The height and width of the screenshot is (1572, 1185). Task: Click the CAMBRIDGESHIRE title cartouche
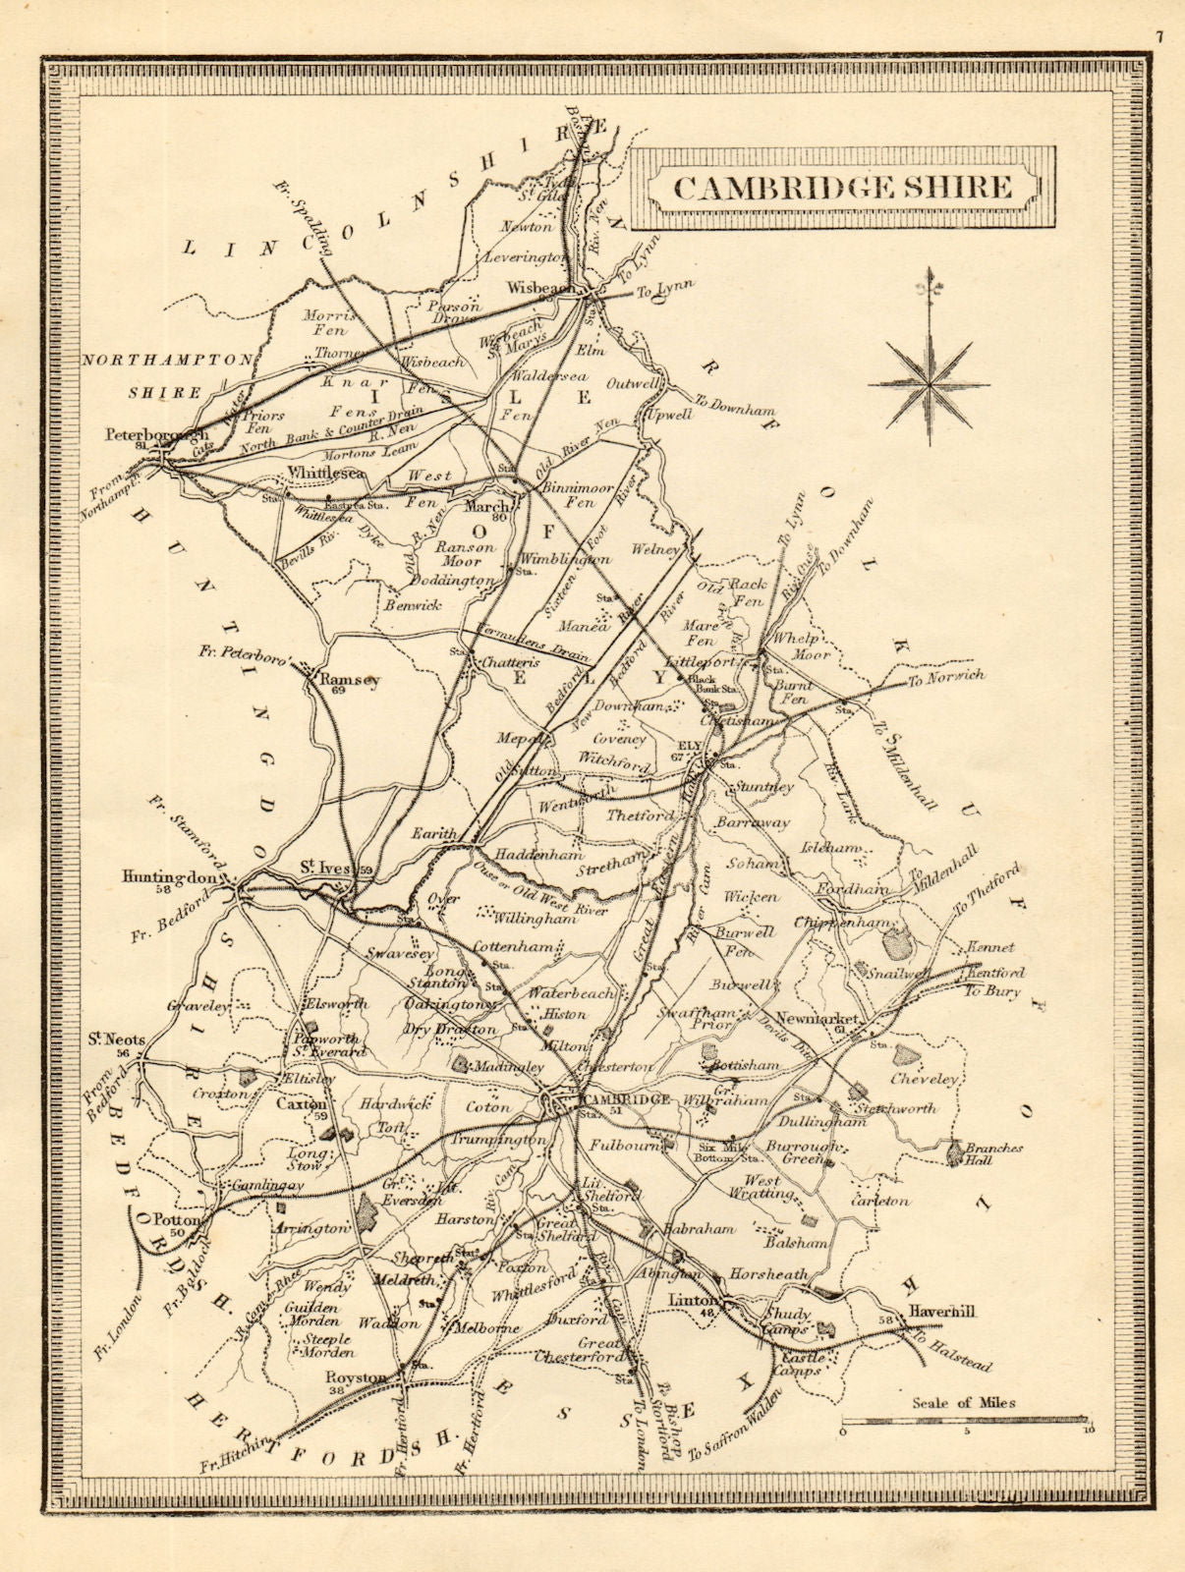842,187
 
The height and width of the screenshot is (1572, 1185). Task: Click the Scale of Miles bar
964,1419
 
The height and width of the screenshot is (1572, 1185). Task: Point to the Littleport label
700,661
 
